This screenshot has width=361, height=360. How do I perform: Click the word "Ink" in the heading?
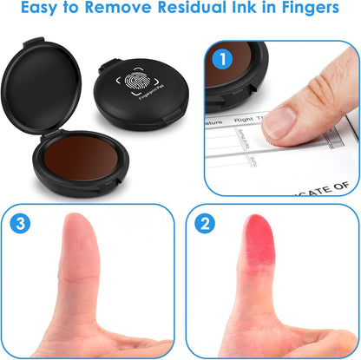point(246,10)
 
